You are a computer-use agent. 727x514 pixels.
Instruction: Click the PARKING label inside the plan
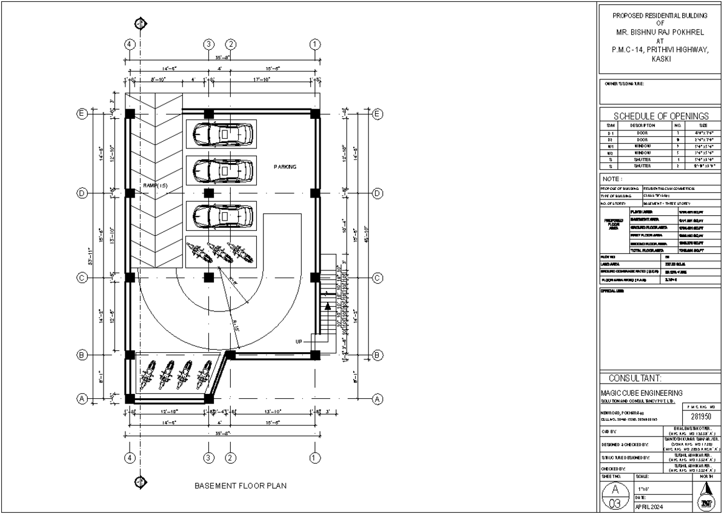tap(285, 167)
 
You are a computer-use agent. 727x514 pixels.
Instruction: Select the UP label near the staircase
tap(299, 341)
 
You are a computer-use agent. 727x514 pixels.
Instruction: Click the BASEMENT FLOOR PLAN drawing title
tap(241, 486)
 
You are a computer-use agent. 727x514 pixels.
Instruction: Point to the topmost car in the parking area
tap(221, 133)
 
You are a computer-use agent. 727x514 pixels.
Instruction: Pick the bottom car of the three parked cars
tap(221, 215)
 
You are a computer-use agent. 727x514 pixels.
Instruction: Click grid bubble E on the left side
tap(82, 113)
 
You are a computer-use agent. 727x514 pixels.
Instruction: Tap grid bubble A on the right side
tap(377, 399)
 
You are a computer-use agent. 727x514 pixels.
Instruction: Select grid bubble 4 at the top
tap(128, 44)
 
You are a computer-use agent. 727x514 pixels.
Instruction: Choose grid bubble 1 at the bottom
tap(314, 457)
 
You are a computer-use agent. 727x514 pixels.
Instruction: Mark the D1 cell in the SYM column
tap(611, 132)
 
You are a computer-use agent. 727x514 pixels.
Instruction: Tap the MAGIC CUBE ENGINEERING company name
tap(641, 393)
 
